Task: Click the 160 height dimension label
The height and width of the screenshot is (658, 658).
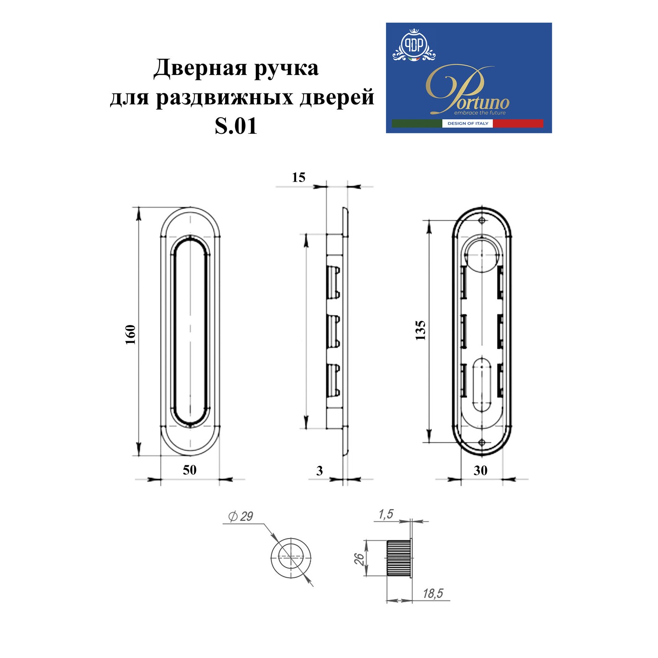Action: [x=130, y=335]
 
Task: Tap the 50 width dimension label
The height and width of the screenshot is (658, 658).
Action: [x=190, y=470]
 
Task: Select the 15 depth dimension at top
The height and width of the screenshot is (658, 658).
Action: [x=298, y=177]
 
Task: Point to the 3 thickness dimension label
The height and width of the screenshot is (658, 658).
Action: [x=319, y=471]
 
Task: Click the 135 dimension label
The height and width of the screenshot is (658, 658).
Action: [x=420, y=330]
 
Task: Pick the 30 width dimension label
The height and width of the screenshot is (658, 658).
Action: [x=480, y=470]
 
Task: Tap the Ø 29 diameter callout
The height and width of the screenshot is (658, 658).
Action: [x=241, y=516]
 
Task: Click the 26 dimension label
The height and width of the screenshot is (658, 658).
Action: [x=359, y=558]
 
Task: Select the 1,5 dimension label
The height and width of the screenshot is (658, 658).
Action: [x=386, y=514]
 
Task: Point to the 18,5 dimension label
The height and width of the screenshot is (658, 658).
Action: [x=433, y=594]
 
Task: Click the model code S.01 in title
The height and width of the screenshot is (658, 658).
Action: [x=236, y=126]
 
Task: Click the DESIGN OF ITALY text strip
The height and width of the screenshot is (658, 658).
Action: [x=468, y=123]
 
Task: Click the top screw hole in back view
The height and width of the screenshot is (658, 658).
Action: [x=482, y=220]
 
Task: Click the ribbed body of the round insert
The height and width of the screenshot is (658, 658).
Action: [x=397, y=558]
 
